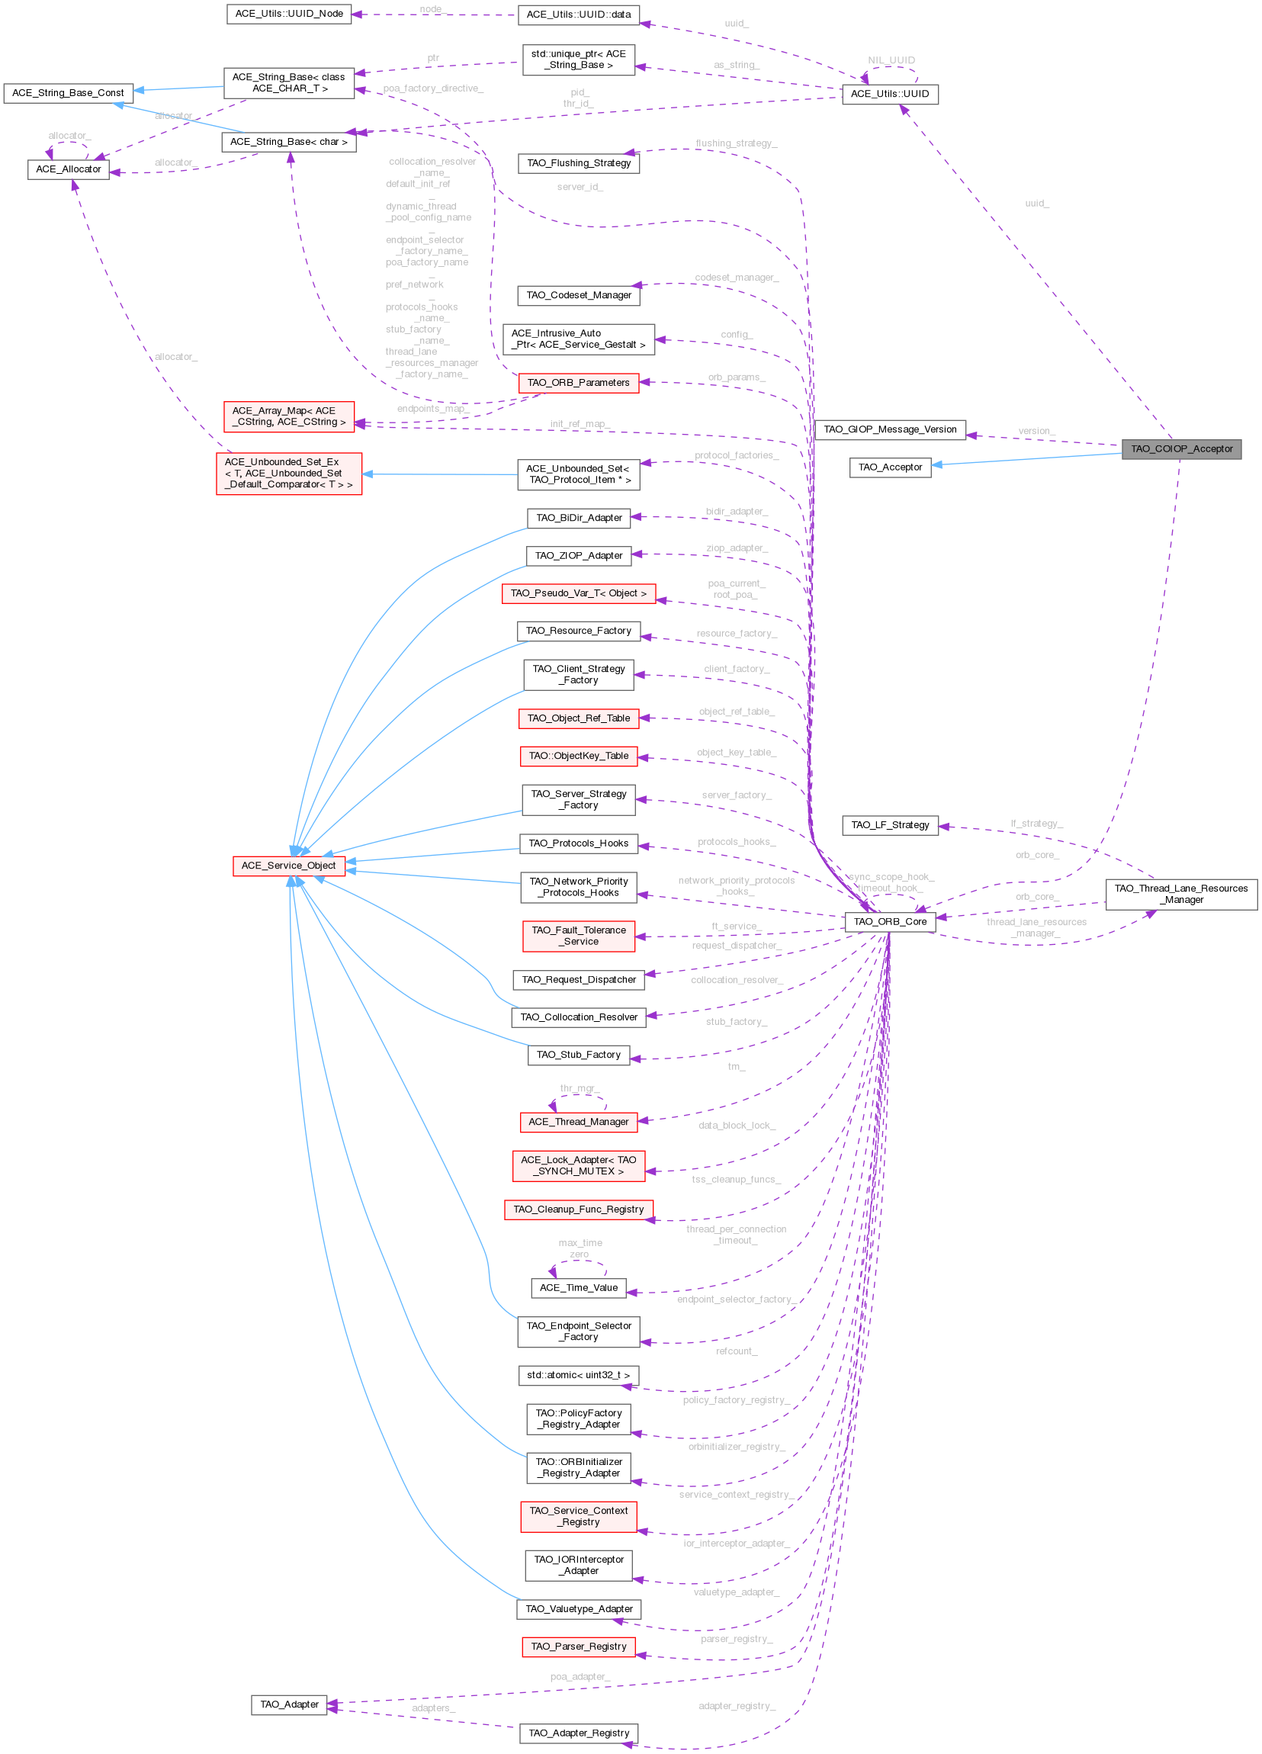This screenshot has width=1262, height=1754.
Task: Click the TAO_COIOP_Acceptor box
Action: click(1181, 449)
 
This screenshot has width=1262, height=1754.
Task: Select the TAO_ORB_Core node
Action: click(889, 922)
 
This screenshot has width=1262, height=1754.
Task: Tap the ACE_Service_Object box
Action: click(288, 866)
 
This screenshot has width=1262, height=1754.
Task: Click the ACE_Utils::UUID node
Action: click(889, 95)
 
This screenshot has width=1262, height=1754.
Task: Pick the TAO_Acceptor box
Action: click(889, 468)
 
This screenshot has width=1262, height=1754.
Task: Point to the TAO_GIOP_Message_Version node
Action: click(889, 430)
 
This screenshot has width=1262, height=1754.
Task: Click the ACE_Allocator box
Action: click(68, 169)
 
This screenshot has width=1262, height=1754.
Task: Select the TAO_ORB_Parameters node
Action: click(579, 383)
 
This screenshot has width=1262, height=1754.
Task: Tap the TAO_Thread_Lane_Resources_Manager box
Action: click(1181, 894)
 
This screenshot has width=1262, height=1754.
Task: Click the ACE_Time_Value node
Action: click(579, 1287)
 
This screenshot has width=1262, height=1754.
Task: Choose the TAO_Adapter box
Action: click(289, 1704)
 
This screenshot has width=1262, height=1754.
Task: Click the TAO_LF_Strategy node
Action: click(889, 825)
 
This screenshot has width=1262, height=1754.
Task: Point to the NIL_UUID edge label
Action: click(891, 60)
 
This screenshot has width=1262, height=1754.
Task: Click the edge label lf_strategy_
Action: click(1036, 824)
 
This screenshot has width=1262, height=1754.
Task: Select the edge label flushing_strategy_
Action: click(736, 144)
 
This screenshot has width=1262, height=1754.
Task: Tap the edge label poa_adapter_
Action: click(580, 1677)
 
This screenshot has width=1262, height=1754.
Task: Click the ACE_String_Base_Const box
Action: click(68, 93)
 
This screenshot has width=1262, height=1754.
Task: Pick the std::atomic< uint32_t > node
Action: click(579, 1375)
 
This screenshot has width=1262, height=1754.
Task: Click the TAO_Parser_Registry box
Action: click(579, 1646)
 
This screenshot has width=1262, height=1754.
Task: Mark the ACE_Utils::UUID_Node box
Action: click(289, 14)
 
